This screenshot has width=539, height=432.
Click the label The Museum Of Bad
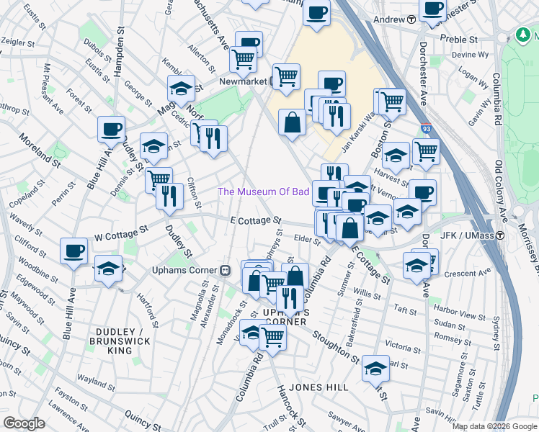(x=264, y=192)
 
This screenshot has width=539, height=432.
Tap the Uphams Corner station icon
(x=225, y=270)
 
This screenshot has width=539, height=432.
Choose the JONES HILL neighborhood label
(x=318, y=387)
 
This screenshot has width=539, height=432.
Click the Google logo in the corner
(x=24, y=423)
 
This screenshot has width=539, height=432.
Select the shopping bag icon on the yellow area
(x=292, y=122)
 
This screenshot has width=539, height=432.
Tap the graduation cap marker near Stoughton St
(x=375, y=368)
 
